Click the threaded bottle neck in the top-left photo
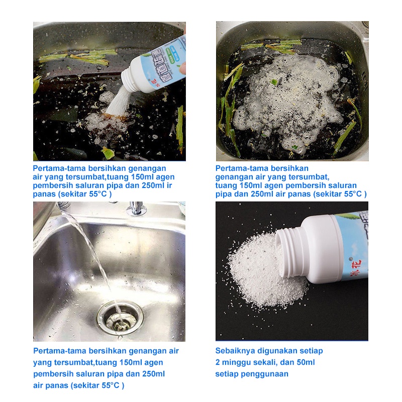pyautogui.click(x=130, y=79)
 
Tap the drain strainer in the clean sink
pyautogui.click(x=120, y=318)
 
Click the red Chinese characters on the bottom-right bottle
pyautogui.click(x=355, y=267)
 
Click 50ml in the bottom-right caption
pyautogui.click(x=306, y=362)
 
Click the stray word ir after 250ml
pyautogui.click(x=169, y=185)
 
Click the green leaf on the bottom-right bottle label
pyautogui.click(x=345, y=216)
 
